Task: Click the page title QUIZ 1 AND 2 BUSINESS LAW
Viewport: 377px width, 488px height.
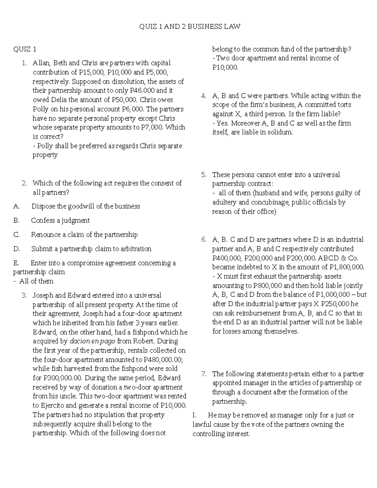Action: point(190,26)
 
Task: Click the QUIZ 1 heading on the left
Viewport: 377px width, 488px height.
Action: point(25,49)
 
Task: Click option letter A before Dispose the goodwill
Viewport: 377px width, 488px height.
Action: point(16,206)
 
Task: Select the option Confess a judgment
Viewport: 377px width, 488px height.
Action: point(60,221)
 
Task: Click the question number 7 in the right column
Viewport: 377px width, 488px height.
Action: point(204,374)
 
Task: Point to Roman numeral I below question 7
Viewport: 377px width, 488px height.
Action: point(194,415)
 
